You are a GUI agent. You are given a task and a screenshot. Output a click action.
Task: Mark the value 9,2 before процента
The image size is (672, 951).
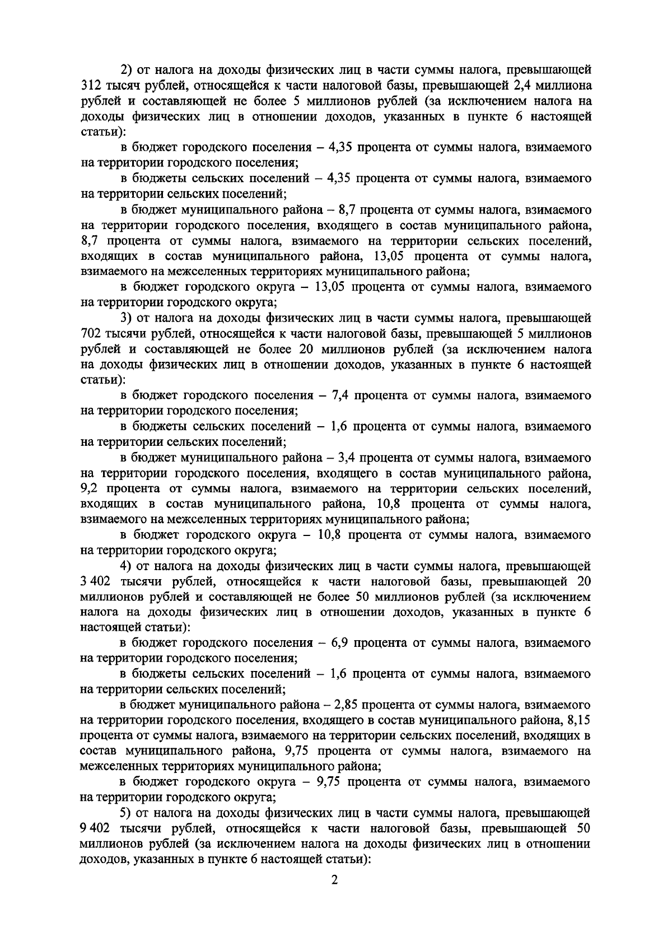[92, 489]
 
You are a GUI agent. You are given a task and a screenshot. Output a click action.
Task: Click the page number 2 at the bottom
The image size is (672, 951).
[335, 880]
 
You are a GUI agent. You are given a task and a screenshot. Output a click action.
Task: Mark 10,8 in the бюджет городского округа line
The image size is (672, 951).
[330, 535]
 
